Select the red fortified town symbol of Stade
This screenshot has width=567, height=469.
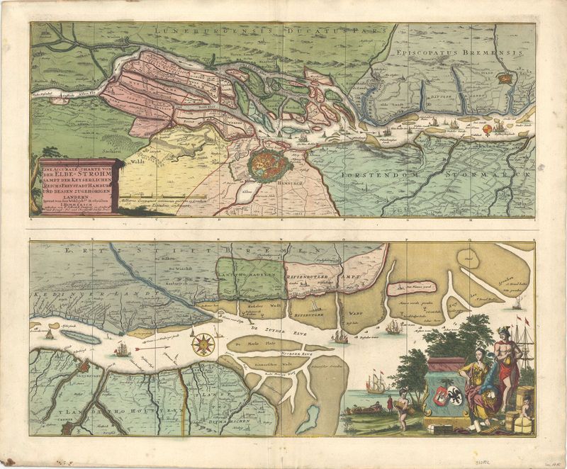pos(507,78)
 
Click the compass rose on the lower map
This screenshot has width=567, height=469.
pos(204,344)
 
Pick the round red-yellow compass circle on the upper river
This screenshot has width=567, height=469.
pos(489,128)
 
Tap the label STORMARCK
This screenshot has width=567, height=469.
pos(497,172)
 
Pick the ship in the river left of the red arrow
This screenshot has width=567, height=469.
pos(122,349)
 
